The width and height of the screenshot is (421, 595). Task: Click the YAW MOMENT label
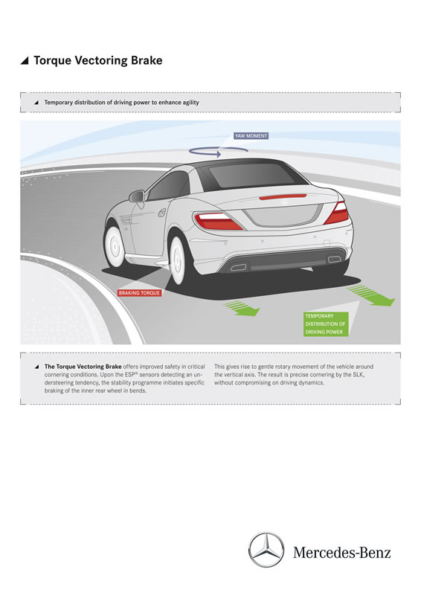251,135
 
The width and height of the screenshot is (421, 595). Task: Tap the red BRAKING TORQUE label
139,293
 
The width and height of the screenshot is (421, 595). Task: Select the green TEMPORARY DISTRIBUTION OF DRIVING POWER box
326,324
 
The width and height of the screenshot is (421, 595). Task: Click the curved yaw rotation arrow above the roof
218,152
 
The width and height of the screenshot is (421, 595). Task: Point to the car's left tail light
218,221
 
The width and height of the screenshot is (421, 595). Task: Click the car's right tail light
337,213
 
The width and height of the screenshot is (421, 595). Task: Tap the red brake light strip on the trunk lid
283,196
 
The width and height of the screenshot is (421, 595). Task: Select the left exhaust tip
239,267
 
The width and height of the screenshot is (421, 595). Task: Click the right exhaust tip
334,259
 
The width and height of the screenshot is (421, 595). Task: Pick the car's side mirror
137,196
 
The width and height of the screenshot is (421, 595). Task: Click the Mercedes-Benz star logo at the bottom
266,550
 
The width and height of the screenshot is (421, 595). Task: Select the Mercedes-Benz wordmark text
341,553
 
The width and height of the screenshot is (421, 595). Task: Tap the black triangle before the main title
25,61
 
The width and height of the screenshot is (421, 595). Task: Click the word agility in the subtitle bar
190,103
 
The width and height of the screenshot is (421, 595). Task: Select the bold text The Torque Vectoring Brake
83,367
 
